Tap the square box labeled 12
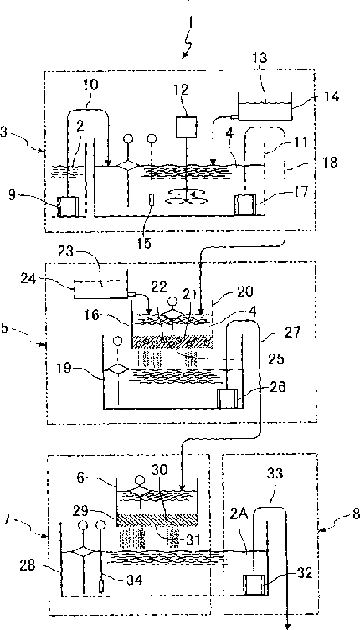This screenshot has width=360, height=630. (x=186, y=126)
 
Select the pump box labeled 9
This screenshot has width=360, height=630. (x=66, y=207)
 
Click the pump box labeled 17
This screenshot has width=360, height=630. (x=244, y=204)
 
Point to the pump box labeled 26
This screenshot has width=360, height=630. (x=227, y=399)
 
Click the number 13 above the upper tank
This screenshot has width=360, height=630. (x=260, y=57)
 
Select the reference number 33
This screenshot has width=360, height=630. (x=275, y=474)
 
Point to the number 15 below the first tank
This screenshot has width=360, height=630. (x=144, y=243)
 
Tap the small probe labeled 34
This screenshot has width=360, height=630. (x=100, y=586)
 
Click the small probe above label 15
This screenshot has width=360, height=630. (x=152, y=199)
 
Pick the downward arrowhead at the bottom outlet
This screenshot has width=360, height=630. (x=287, y=625)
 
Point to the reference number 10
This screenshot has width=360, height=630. (x=90, y=85)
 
